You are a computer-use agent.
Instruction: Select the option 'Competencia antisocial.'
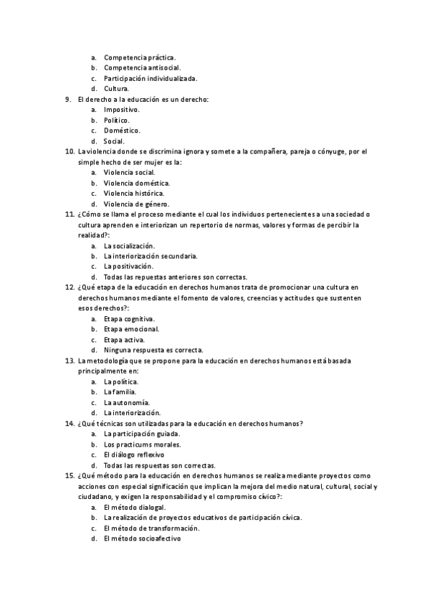point(142,67)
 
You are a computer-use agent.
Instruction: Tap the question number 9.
point(68,99)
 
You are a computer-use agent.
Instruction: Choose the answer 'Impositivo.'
point(122,110)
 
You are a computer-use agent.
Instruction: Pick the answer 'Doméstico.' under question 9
point(122,130)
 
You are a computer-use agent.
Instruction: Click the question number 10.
point(70,152)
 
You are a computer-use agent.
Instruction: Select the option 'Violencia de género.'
point(136,204)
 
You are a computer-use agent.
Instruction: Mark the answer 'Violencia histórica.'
point(133,194)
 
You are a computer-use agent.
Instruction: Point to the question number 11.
point(70,214)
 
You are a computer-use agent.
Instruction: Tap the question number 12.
point(70,287)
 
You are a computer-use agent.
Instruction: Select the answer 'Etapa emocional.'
point(131,329)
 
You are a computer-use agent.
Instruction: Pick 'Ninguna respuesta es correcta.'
point(153,350)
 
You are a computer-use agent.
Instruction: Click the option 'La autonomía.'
point(126,403)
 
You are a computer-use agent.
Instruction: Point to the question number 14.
point(70,424)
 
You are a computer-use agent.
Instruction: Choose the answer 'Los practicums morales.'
point(142,445)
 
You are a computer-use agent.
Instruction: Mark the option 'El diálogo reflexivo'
point(134,455)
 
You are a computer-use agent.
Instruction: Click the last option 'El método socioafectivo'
point(142,538)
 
